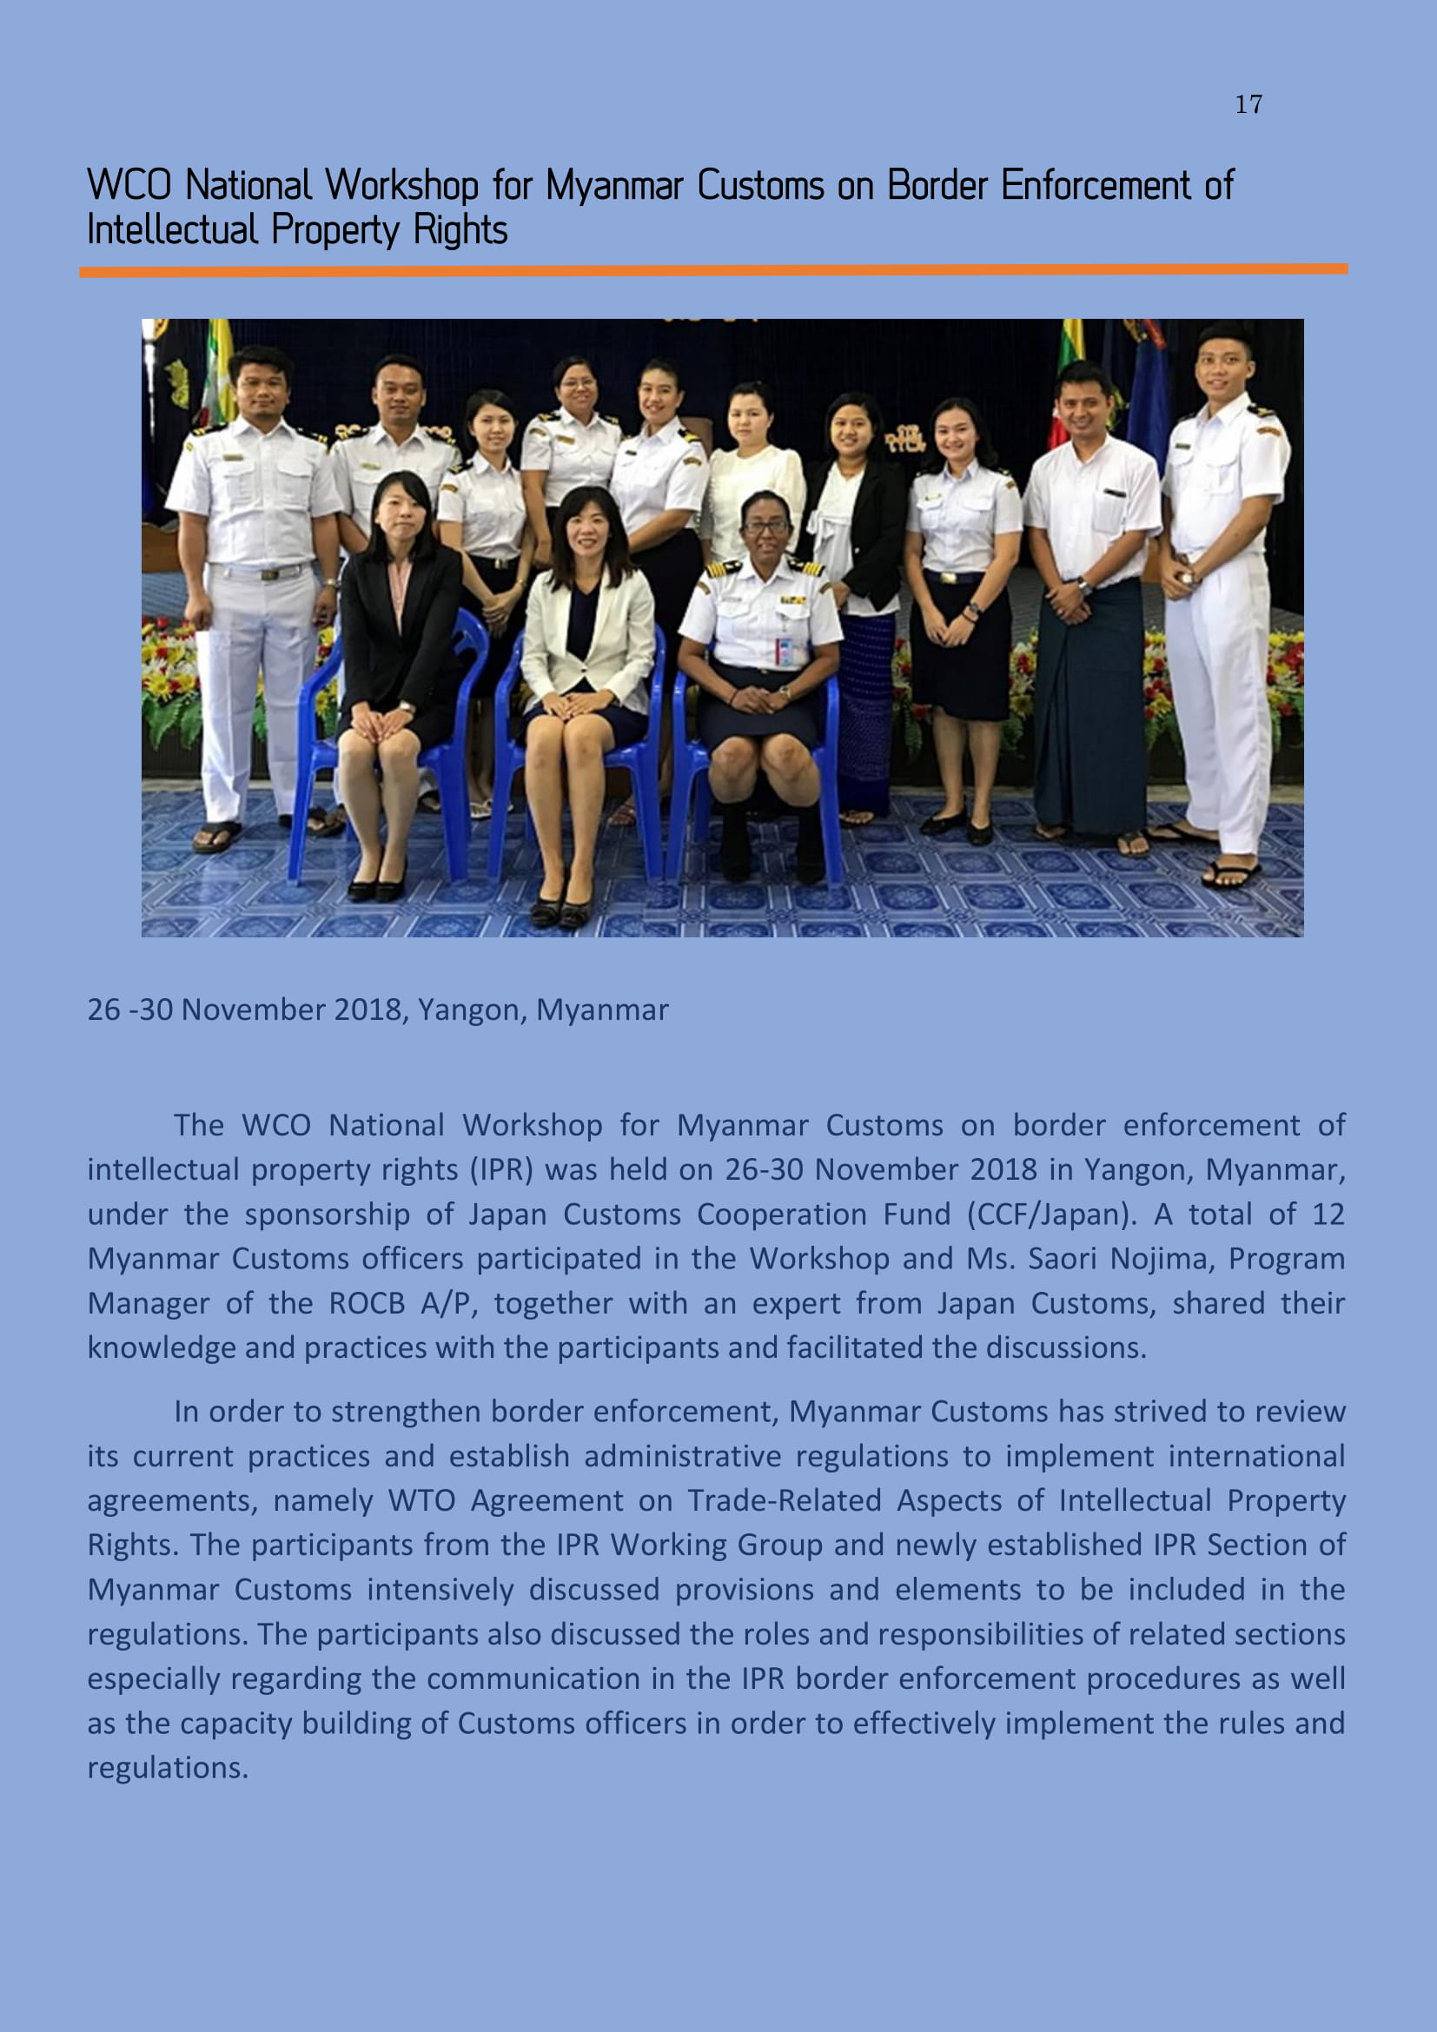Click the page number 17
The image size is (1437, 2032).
click(x=1248, y=104)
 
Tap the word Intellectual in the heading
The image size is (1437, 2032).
click(x=172, y=230)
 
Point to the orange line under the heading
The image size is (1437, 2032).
click(x=713, y=271)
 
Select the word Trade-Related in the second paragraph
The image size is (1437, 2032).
click(x=784, y=1501)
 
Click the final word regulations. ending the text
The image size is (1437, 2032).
click(x=167, y=1768)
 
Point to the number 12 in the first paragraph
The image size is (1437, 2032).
click(x=1328, y=1215)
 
